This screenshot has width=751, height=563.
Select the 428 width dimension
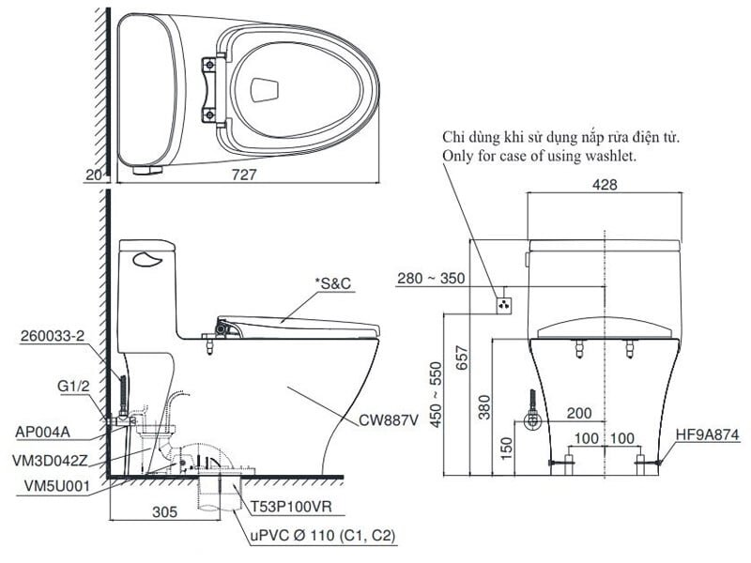coord(605,186)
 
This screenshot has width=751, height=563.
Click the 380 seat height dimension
coord(484,403)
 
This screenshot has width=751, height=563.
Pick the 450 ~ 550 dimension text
coord(435,394)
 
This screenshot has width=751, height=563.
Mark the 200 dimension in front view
coord(579,414)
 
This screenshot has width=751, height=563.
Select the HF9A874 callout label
coord(708,434)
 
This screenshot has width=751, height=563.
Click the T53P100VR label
coord(286,507)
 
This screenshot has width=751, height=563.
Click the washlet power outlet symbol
coord(504,304)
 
